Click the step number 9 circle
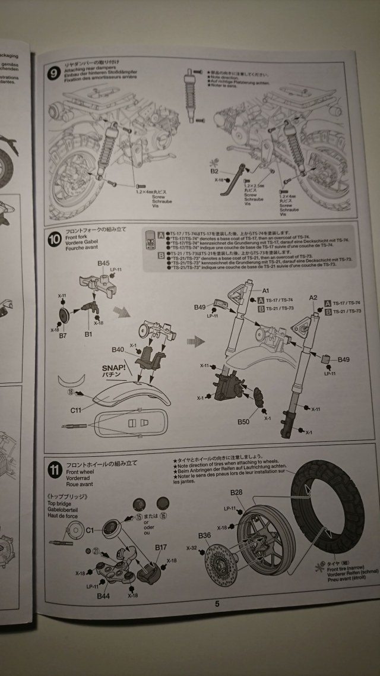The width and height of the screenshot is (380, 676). click(55, 74)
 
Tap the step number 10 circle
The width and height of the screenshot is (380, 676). click(53, 239)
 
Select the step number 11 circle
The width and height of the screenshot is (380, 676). click(55, 470)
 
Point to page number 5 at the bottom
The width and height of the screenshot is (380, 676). click(217, 604)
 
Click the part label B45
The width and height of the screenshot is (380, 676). click(104, 263)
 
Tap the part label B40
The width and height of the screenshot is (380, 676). click(118, 350)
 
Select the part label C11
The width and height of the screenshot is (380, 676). click(75, 410)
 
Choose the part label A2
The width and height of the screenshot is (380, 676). click(313, 296)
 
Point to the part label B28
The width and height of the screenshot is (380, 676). click(237, 492)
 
